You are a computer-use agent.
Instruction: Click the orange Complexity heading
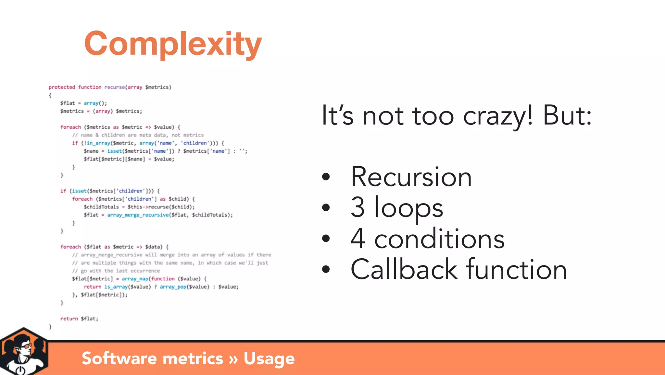173,44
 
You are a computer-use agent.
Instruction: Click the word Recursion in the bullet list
411,177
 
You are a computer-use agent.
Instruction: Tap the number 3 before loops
358,207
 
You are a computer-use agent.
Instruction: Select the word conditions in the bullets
439,239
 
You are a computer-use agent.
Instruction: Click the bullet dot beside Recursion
326,177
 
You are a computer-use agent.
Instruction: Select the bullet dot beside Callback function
326,269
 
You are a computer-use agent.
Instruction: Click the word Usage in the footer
269,358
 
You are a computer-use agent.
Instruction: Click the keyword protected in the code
62,87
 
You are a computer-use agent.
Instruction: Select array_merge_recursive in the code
138,215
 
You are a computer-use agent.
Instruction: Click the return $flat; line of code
79,319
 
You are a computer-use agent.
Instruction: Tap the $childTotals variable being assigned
101,207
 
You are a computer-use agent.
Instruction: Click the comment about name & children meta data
138,135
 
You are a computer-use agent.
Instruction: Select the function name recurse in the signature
114,87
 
